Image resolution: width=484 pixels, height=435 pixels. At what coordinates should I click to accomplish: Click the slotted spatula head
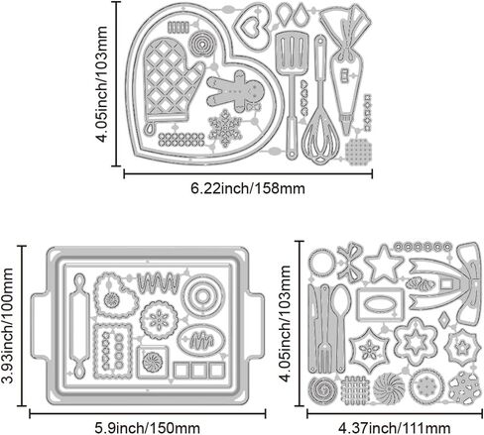point(292,53)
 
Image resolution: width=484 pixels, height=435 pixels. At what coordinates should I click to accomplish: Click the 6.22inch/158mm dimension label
point(248,188)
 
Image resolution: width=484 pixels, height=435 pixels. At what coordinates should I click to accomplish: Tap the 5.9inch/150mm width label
point(148,428)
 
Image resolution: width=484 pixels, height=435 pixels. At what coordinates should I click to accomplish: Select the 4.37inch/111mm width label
point(394,428)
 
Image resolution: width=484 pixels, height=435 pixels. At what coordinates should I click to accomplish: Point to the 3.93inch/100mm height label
point(8,325)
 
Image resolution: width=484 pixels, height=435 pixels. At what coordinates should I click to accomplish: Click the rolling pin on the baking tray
point(79,326)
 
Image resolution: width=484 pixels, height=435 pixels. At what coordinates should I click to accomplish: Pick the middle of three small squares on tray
point(199,371)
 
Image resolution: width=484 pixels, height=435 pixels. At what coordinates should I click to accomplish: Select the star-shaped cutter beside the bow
point(385,264)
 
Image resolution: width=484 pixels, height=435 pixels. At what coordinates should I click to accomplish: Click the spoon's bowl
point(340,300)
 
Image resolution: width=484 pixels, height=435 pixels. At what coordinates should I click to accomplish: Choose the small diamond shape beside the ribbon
point(443,320)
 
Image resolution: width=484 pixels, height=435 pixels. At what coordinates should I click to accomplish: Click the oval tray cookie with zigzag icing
point(201,341)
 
